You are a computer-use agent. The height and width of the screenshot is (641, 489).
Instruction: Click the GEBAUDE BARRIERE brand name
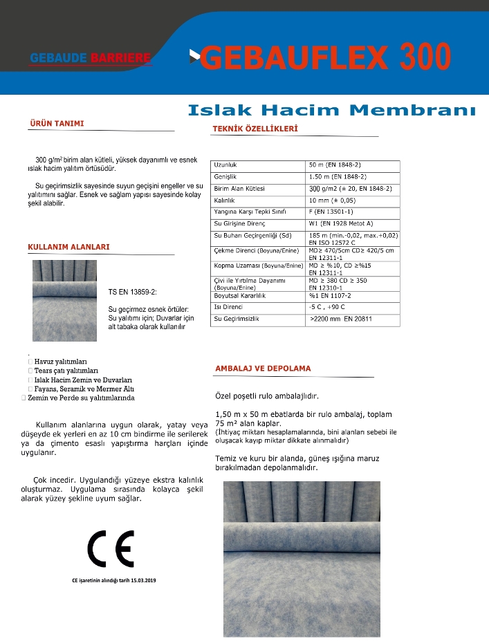[90, 58]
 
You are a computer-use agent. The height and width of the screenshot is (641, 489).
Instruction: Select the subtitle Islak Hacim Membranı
[332, 110]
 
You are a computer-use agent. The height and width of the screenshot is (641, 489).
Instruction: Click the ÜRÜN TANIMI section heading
[57, 124]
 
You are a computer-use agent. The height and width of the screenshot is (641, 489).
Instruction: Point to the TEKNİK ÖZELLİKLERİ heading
[255, 129]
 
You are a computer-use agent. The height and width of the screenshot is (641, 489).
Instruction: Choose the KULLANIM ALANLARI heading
[68, 247]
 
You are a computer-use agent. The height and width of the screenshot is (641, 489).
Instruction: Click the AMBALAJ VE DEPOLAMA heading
[264, 369]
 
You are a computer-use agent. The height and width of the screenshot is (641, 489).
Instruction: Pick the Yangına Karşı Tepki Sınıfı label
[250, 211]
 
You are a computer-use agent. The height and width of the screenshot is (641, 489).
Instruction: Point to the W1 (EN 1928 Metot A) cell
[340, 224]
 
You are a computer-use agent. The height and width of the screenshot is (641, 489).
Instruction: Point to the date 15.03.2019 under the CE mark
[142, 580]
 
